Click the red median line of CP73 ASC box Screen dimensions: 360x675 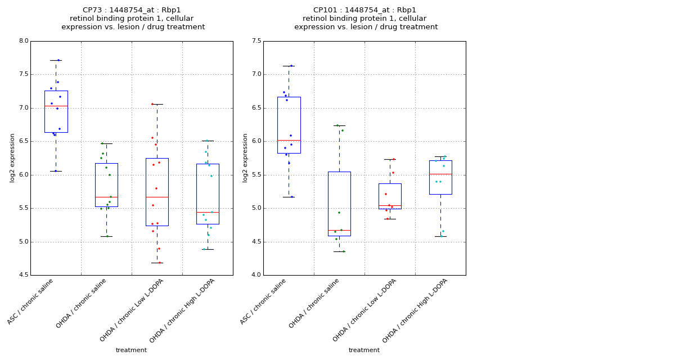pyautogui.click(x=56, y=106)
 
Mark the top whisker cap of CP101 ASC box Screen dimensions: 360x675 pyautogui.click(x=289, y=66)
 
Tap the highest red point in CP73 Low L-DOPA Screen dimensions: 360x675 pyautogui.click(x=152, y=104)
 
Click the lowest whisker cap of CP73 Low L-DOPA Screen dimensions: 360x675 pyautogui.click(x=157, y=263)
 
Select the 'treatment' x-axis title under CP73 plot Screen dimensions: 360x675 pyautogui.click(x=131, y=350)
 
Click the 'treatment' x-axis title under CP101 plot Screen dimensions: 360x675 pyautogui.click(x=364, y=350)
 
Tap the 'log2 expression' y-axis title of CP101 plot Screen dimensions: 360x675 pyautogui.click(x=245, y=157)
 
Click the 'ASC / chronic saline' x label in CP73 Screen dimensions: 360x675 pyautogui.click(x=31, y=301)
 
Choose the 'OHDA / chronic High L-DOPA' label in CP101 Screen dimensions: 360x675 pyautogui.click(x=415, y=310)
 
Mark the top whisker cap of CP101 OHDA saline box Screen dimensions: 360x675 pyautogui.click(x=339, y=125)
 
